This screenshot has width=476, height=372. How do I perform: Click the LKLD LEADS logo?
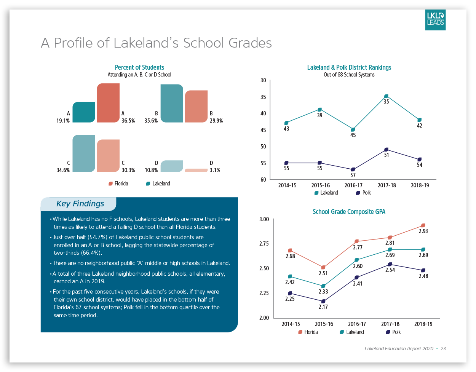coord(435,20)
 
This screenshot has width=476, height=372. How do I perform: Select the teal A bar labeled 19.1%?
coord(84,112)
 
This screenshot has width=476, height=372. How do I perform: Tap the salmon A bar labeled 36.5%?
coord(108,103)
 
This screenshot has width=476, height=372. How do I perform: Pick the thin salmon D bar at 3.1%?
coord(196,170)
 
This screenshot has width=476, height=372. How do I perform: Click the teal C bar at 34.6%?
coord(84,153)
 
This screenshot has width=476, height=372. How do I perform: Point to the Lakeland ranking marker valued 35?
coord(386,96)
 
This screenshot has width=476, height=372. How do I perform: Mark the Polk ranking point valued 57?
coord(353,169)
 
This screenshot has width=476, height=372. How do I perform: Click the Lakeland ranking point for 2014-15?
coord(286,123)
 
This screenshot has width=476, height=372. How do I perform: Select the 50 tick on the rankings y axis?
coord(263,147)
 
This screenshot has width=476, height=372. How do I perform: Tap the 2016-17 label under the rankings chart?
coord(353,185)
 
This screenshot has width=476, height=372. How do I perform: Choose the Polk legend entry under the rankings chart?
coord(363,193)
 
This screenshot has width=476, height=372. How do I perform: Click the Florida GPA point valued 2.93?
coord(423,225)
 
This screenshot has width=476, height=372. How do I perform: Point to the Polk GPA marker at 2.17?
coord(323,301)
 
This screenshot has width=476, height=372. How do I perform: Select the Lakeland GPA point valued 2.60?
coord(356,260)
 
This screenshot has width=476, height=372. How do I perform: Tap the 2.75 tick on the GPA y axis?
coord(264,244)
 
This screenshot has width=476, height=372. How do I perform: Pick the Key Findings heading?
coord(80,204)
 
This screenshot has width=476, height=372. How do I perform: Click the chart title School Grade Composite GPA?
coord(349,212)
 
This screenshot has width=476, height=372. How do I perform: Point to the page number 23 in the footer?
coord(443,348)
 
